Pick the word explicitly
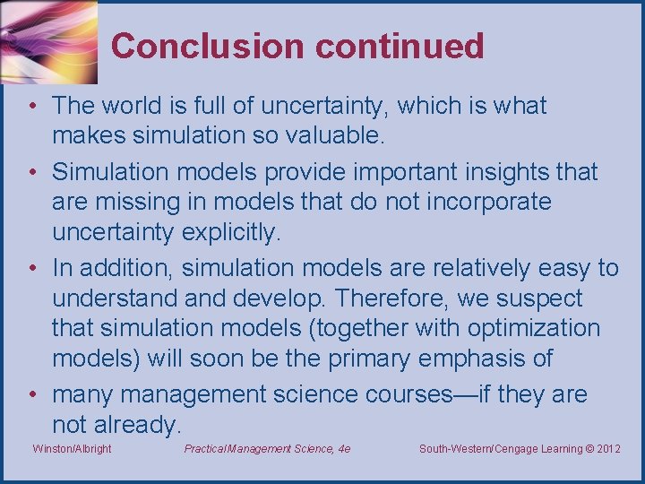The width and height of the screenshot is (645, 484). click(x=231, y=233)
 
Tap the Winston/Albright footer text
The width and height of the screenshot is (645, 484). click(x=72, y=449)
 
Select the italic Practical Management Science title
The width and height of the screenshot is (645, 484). click(x=267, y=449)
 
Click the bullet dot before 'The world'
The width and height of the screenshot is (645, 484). click(x=31, y=106)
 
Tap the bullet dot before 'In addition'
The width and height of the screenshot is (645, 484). click(x=31, y=268)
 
